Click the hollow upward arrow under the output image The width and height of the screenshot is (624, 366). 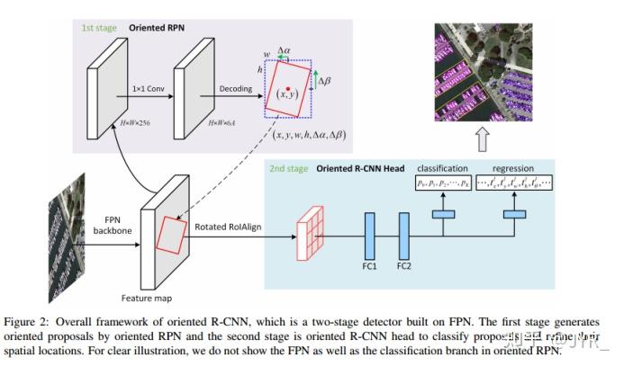tap(484, 138)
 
